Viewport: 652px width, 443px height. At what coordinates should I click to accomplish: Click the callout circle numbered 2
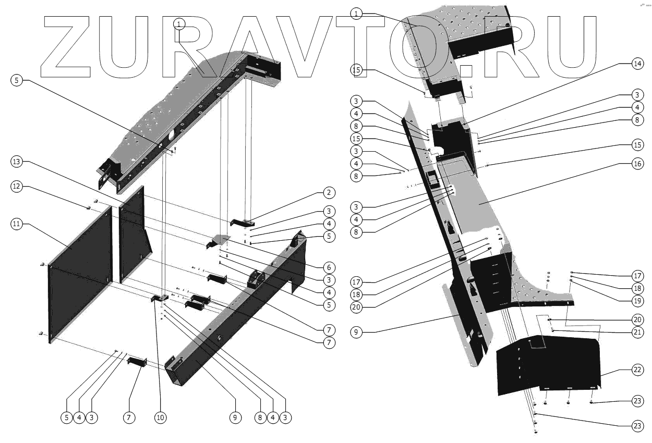coord(329,193)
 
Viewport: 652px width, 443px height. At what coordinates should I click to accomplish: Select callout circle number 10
coord(160,417)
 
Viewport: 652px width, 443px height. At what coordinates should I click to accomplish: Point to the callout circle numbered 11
coord(17,224)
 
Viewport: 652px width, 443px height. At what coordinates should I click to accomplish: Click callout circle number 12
coord(17,186)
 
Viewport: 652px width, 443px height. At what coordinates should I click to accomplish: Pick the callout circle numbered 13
coord(17,162)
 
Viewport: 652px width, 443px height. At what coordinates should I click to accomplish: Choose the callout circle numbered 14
coord(636,64)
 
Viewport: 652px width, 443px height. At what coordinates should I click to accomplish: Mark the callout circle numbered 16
coord(636,164)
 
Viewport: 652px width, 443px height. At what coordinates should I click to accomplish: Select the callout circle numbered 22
coord(636,370)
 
